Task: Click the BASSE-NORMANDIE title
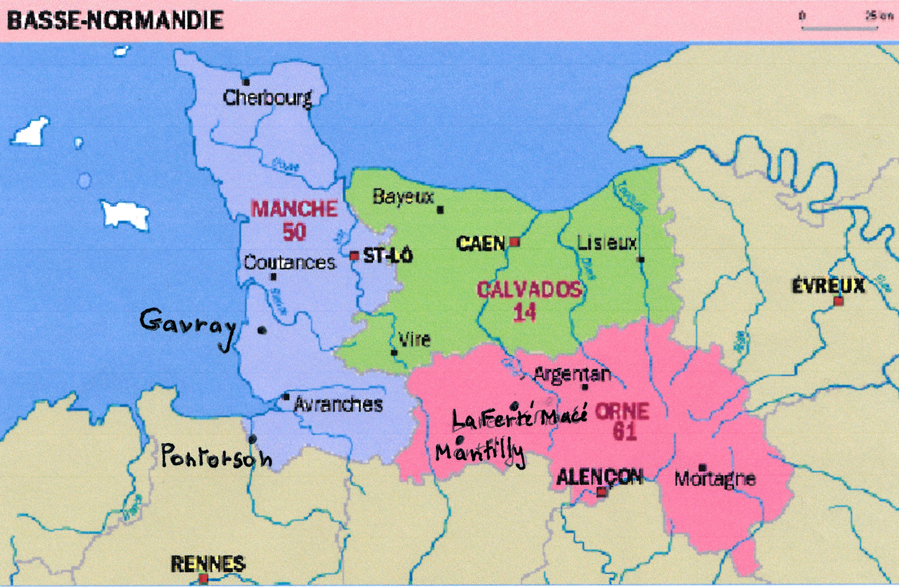(x=115, y=20)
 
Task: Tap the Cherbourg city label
(x=267, y=98)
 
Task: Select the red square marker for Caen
(x=515, y=241)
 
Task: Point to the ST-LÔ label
(x=388, y=255)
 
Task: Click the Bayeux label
(x=403, y=197)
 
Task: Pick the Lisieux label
(x=607, y=243)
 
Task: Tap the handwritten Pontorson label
(x=216, y=456)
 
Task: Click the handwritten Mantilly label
(x=479, y=453)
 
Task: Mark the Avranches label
(x=338, y=405)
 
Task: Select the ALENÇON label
(x=599, y=477)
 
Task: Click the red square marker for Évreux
(x=839, y=302)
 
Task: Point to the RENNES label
(x=208, y=564)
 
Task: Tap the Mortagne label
(x=714, y=479)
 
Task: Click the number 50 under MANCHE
(x=294, y=232)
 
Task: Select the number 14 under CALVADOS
(x=525, y=313)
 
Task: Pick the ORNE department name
(x=622, y=412)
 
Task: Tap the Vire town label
(x=414, y=340)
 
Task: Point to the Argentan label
(x=572, y=374)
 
